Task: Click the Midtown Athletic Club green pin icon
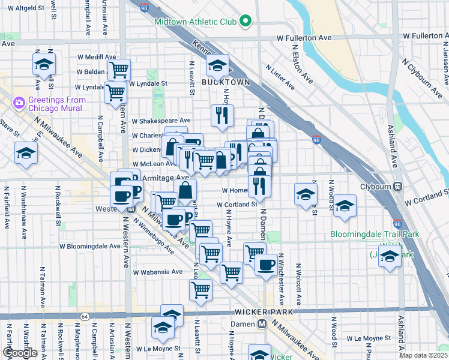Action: pyautogui.click(x=245, y=22)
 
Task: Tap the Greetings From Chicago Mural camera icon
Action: pyautogui.click(x=19, y=103)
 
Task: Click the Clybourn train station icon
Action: pyautogui.click(x=397, y=186)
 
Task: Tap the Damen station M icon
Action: pyautogui.click(x=262, y=323)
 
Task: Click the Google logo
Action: pyautogui.click(x=20, y=353)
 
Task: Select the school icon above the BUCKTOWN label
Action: pyautogui.click(x=217, y=64)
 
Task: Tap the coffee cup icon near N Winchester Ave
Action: pyautogui.click(x=265, y=263)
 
